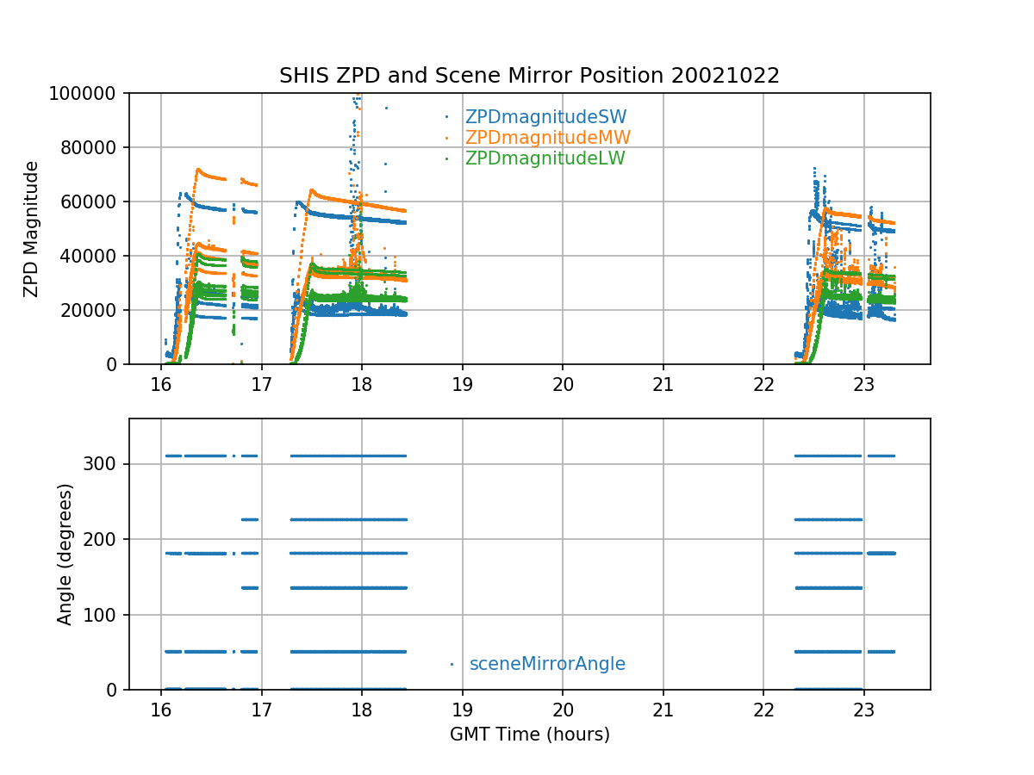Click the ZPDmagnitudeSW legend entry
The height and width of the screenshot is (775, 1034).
click(545, 117)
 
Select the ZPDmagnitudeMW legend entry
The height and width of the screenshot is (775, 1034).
click(547, 138)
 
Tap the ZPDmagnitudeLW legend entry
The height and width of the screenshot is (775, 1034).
click(545, 158)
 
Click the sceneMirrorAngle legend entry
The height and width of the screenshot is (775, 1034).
click(547, 664)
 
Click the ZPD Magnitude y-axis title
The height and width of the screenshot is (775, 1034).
click(32, 228)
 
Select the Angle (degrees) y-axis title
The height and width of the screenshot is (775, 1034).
click(65, 554)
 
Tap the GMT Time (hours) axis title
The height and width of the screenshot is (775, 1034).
click(529, 735)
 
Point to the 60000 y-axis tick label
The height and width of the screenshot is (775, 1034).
click(97, 201)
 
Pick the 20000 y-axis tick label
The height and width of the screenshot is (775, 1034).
click(97, 310)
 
